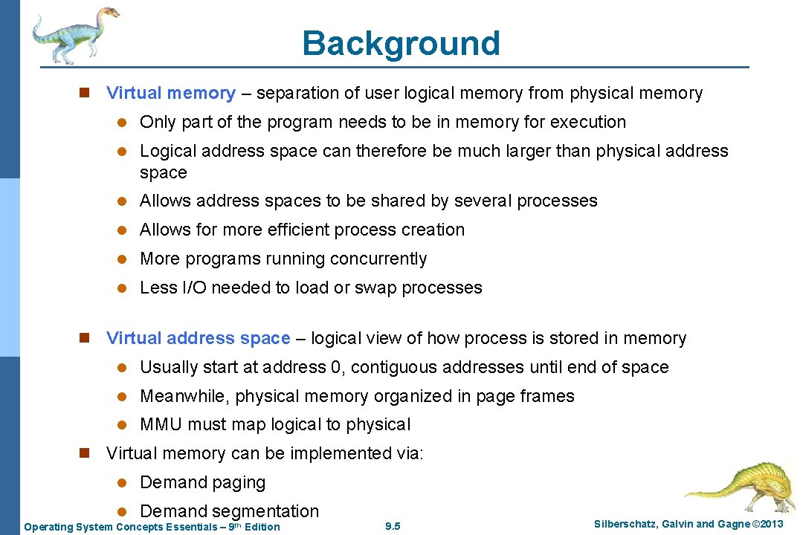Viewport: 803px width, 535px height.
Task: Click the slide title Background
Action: click(x=401, y=43)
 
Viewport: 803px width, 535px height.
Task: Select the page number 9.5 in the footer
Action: click(x=393, y=527)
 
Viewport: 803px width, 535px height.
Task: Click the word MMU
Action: click(x=161, y=425)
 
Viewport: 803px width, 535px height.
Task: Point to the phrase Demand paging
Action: click(x=202, y=482)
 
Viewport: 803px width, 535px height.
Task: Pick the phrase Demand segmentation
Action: click(x=229, y=511)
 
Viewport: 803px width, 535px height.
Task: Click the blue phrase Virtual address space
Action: click(x=198, y=338)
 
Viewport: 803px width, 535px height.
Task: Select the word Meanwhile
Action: click(x=185, y=396)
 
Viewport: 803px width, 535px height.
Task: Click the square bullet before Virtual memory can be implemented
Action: click(x=85, y=453)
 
